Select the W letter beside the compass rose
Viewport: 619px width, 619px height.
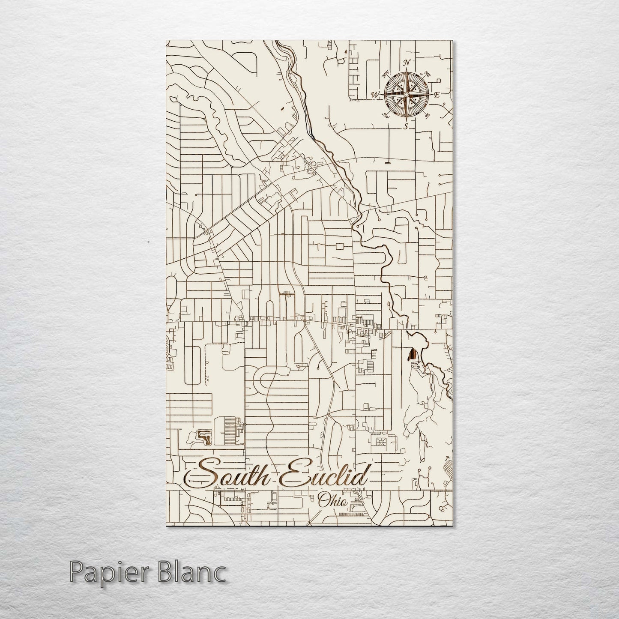(x=375, y=95)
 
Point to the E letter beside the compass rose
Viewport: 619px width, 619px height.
(x=437, y=95)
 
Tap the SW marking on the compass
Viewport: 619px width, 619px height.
(x=385, y=115)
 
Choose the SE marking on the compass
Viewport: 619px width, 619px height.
(x=426, y=115)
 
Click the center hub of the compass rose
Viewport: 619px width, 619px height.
(x=406, y=94)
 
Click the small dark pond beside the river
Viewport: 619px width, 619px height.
(x=412, y=355)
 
